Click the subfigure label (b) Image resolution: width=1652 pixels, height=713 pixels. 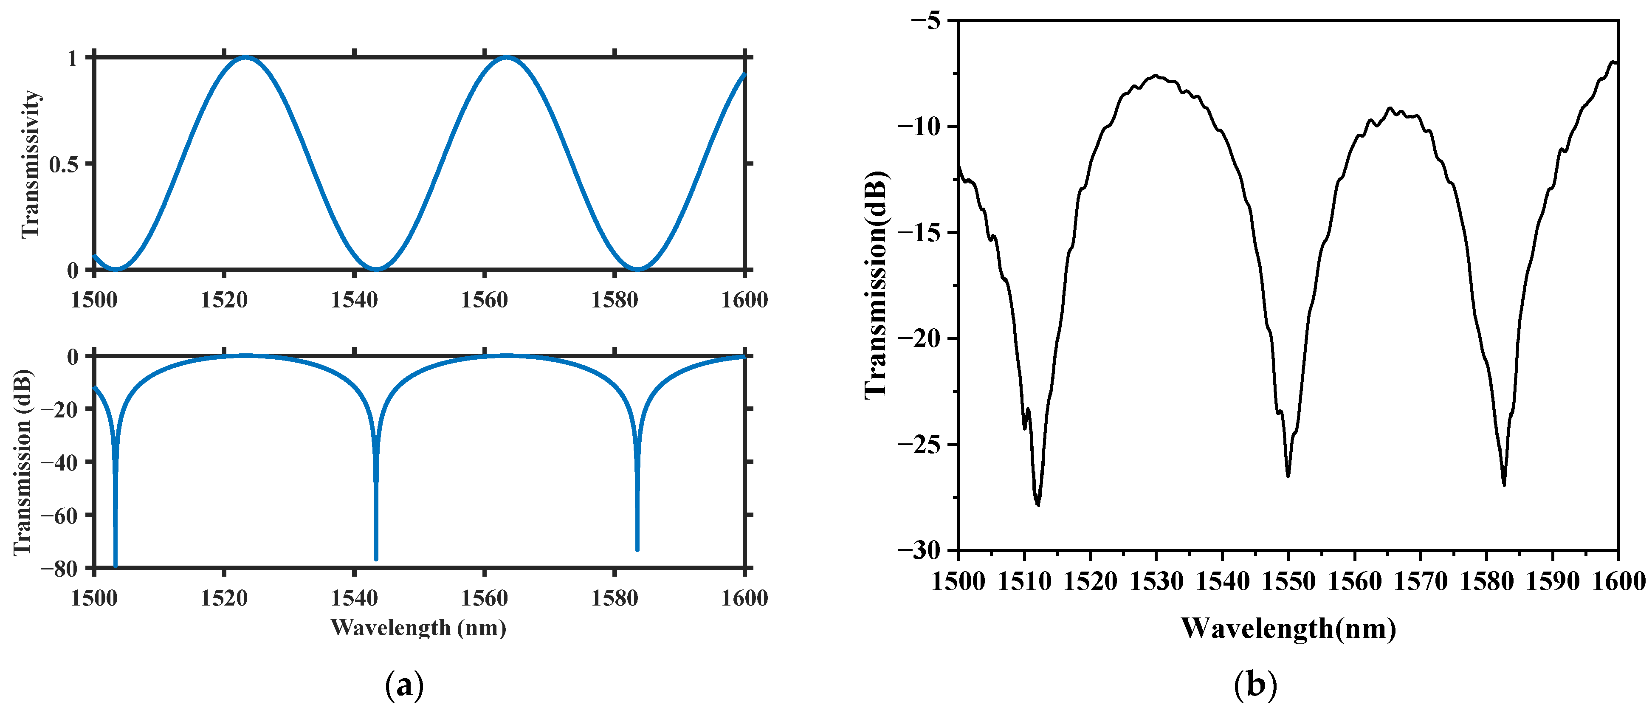(1255, 685)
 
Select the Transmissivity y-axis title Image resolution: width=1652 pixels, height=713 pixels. (31, 164)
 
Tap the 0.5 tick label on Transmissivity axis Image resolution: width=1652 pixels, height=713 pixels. (64, 164)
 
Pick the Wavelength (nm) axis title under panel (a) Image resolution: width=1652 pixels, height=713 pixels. (418, 627)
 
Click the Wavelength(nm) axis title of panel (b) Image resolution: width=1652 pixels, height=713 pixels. (1288, 628)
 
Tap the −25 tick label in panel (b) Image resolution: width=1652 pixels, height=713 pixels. (918, 444)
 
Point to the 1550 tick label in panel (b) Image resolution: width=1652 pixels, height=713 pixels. (1288, 581)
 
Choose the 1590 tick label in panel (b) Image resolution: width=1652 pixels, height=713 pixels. (1553, 581)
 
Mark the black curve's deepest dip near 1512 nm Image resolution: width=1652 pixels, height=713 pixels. (1037, 504)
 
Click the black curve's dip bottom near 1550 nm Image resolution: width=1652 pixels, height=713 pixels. (1288, 476)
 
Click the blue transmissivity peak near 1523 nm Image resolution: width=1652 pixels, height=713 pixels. (247, 58)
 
